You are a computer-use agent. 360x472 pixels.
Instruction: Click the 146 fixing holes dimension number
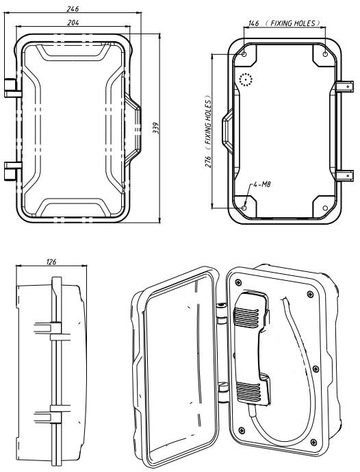[255, 23]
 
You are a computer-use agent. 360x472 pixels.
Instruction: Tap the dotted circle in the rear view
[246, 81]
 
